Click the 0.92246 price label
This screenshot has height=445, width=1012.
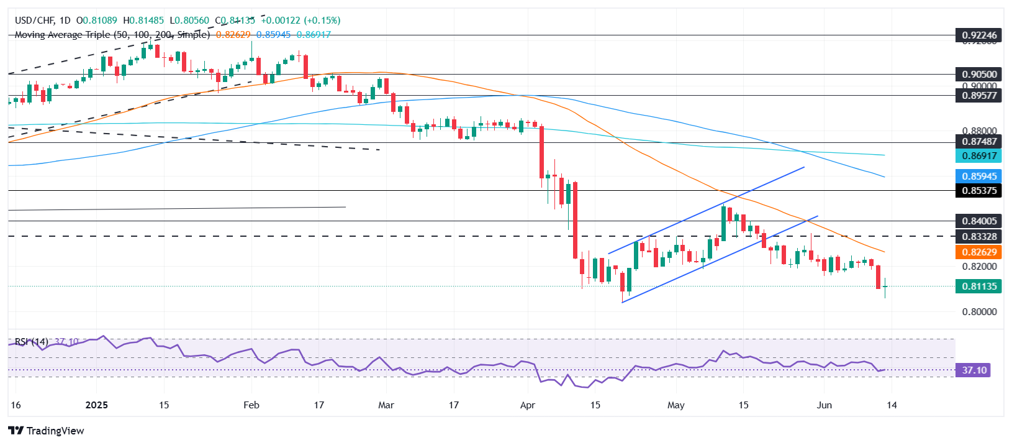[979, 35]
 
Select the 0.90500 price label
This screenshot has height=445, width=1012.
[979, 75]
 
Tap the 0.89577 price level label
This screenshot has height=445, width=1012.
[979, 96]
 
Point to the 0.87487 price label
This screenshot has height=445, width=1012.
[979, 142]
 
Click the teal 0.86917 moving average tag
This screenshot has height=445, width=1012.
[979, 157]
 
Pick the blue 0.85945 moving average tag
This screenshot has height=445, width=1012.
[979, 177]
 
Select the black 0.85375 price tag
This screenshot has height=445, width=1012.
[979, 191]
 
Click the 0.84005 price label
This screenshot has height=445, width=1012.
[979, 221]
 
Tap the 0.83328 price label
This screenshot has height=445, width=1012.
[979, 237]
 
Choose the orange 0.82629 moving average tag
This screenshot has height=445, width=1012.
[979, 252]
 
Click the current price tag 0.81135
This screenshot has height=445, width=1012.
[979, 287]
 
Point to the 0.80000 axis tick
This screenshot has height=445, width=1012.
[979, 312]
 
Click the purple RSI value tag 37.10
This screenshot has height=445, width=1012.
[974, 370]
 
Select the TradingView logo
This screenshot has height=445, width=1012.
[47, 431]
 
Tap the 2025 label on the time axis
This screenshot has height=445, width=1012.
[96, 405]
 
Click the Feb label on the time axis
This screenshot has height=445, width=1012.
[251, 405]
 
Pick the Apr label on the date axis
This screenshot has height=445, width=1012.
[528, 405]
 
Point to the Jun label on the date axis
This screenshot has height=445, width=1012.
[824, 405]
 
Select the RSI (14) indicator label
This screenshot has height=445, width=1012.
[32, 342]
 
